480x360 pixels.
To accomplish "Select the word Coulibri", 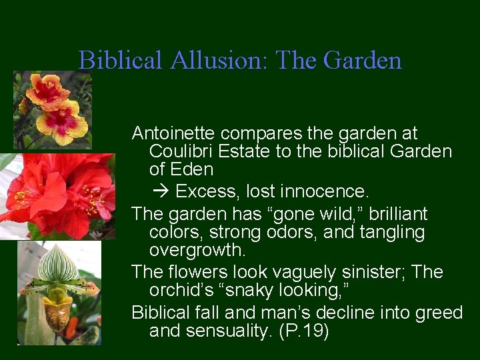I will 177,151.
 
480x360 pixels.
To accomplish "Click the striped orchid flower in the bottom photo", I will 59,280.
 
